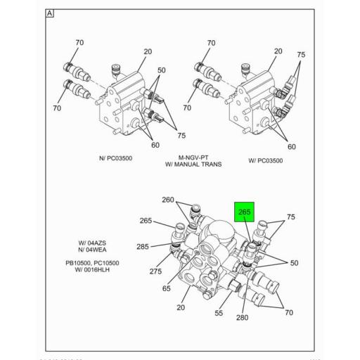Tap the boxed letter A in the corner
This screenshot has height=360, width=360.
(50, 13)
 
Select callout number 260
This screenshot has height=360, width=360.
(168, 200)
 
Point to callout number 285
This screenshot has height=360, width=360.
(142, 246)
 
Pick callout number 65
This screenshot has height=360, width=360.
(167, 288)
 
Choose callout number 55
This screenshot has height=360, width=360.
(219, 314)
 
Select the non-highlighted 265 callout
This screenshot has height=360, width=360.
(145, 221)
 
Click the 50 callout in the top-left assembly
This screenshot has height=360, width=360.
(162, 70)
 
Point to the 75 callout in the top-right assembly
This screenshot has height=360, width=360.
(301, 55)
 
